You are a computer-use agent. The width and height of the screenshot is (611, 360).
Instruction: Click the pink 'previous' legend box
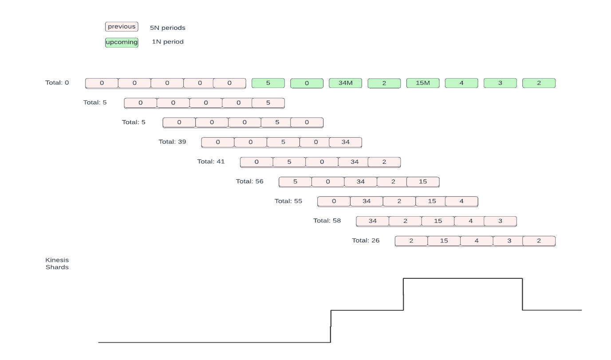122,27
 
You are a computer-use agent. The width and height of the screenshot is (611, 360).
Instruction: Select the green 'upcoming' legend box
122,42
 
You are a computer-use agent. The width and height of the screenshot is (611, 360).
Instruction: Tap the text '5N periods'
168,28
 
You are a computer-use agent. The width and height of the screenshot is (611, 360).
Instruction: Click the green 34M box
345,83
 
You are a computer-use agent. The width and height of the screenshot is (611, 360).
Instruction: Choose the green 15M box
423,83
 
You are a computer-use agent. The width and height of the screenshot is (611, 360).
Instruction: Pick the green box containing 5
268,83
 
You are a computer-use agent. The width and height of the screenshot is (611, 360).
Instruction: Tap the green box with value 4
461,83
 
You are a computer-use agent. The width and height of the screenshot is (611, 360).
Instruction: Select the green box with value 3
500,83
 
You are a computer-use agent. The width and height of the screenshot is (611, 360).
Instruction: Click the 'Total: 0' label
57,83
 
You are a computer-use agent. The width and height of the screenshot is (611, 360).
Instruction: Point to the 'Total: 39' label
172,142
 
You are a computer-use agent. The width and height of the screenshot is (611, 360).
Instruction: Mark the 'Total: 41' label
211,162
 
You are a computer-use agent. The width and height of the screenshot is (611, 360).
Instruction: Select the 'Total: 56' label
249,182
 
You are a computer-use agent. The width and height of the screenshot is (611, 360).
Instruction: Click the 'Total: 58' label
327,221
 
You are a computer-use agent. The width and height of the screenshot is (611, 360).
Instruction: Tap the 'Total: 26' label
366,241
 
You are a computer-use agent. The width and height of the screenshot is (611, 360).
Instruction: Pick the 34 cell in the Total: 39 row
346,142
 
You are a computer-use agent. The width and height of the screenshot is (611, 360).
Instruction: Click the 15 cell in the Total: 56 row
423,182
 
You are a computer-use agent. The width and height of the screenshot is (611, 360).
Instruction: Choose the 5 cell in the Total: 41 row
289,162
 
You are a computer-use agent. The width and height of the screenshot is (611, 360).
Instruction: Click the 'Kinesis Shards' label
57,263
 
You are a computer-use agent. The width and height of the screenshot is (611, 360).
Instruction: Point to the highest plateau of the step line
462,278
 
